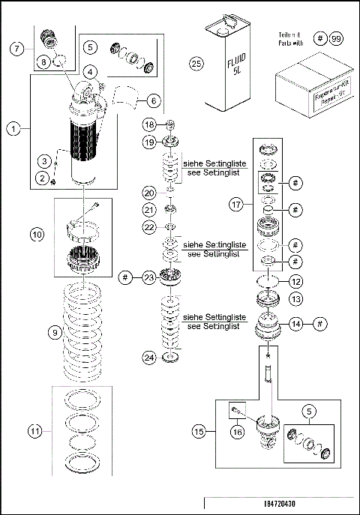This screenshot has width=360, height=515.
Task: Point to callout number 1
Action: tap(13, 128)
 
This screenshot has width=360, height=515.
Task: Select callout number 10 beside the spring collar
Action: tap(37, 234)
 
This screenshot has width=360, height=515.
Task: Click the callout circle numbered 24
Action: tap(149, 358)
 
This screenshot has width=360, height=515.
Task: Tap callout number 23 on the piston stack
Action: tap(149, 277)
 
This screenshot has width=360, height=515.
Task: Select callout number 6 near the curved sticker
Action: tap(152, 99)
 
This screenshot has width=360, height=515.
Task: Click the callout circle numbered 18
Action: tap(149, 124)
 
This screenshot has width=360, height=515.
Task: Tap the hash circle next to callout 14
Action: tap(319, 324)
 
